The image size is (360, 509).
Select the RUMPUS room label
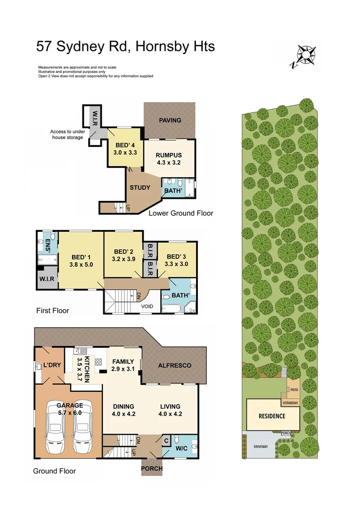pyautogui.click(x=169, y=155)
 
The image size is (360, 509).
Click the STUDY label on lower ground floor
pyautogui.click(x=140, y=188)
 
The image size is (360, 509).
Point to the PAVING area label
pyautogui.click(x=170, y=120)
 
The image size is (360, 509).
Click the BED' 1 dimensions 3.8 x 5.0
pyautogui.click(x=81, y=264)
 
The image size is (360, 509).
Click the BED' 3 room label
pyautogui.click(x=177, y=256)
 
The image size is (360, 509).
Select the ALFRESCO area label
pyautogui.click(x=174, y=365)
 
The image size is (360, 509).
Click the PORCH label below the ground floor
pyautogui.click(x=152, y=468)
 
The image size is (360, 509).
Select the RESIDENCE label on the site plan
pyautogui.click(x=272, y=416)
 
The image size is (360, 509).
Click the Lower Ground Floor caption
pyautogui.click(x=181, y=213)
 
